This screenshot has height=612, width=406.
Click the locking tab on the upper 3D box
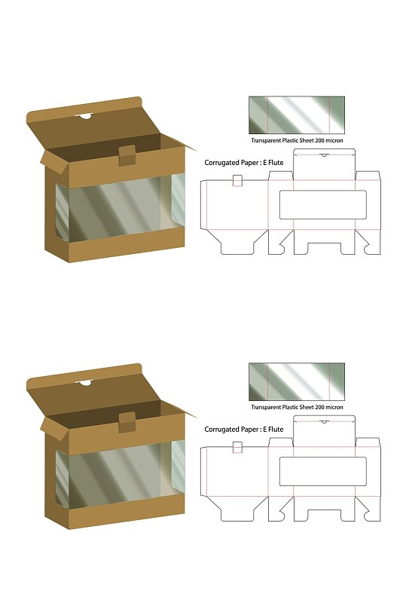[x=127, y=155]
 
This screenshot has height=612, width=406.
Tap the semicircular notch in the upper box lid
[x=84, y=116]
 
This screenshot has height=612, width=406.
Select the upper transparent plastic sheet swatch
[x=297, y=115]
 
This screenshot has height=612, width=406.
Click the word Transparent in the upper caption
[x=266, y=140]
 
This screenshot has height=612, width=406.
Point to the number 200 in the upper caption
[x=320, y=140]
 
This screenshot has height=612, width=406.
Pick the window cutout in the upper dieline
[x=323, y=205]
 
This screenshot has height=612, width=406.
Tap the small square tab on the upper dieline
[x=237, y=181]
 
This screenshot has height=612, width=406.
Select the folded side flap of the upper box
[x=53, y=161]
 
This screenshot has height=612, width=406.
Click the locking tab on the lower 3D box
[x=127, y=422]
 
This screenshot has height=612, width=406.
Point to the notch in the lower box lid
[x=84, y=383]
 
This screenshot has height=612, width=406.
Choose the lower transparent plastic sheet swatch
[x=297, y=381]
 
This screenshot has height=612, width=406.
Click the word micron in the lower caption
[x=334, y=407]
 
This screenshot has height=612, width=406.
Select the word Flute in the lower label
[x=276, y=430]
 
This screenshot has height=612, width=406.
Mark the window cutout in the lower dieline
[x=323, y=472]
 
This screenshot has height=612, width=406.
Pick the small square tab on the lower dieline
[x=237, y=447]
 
